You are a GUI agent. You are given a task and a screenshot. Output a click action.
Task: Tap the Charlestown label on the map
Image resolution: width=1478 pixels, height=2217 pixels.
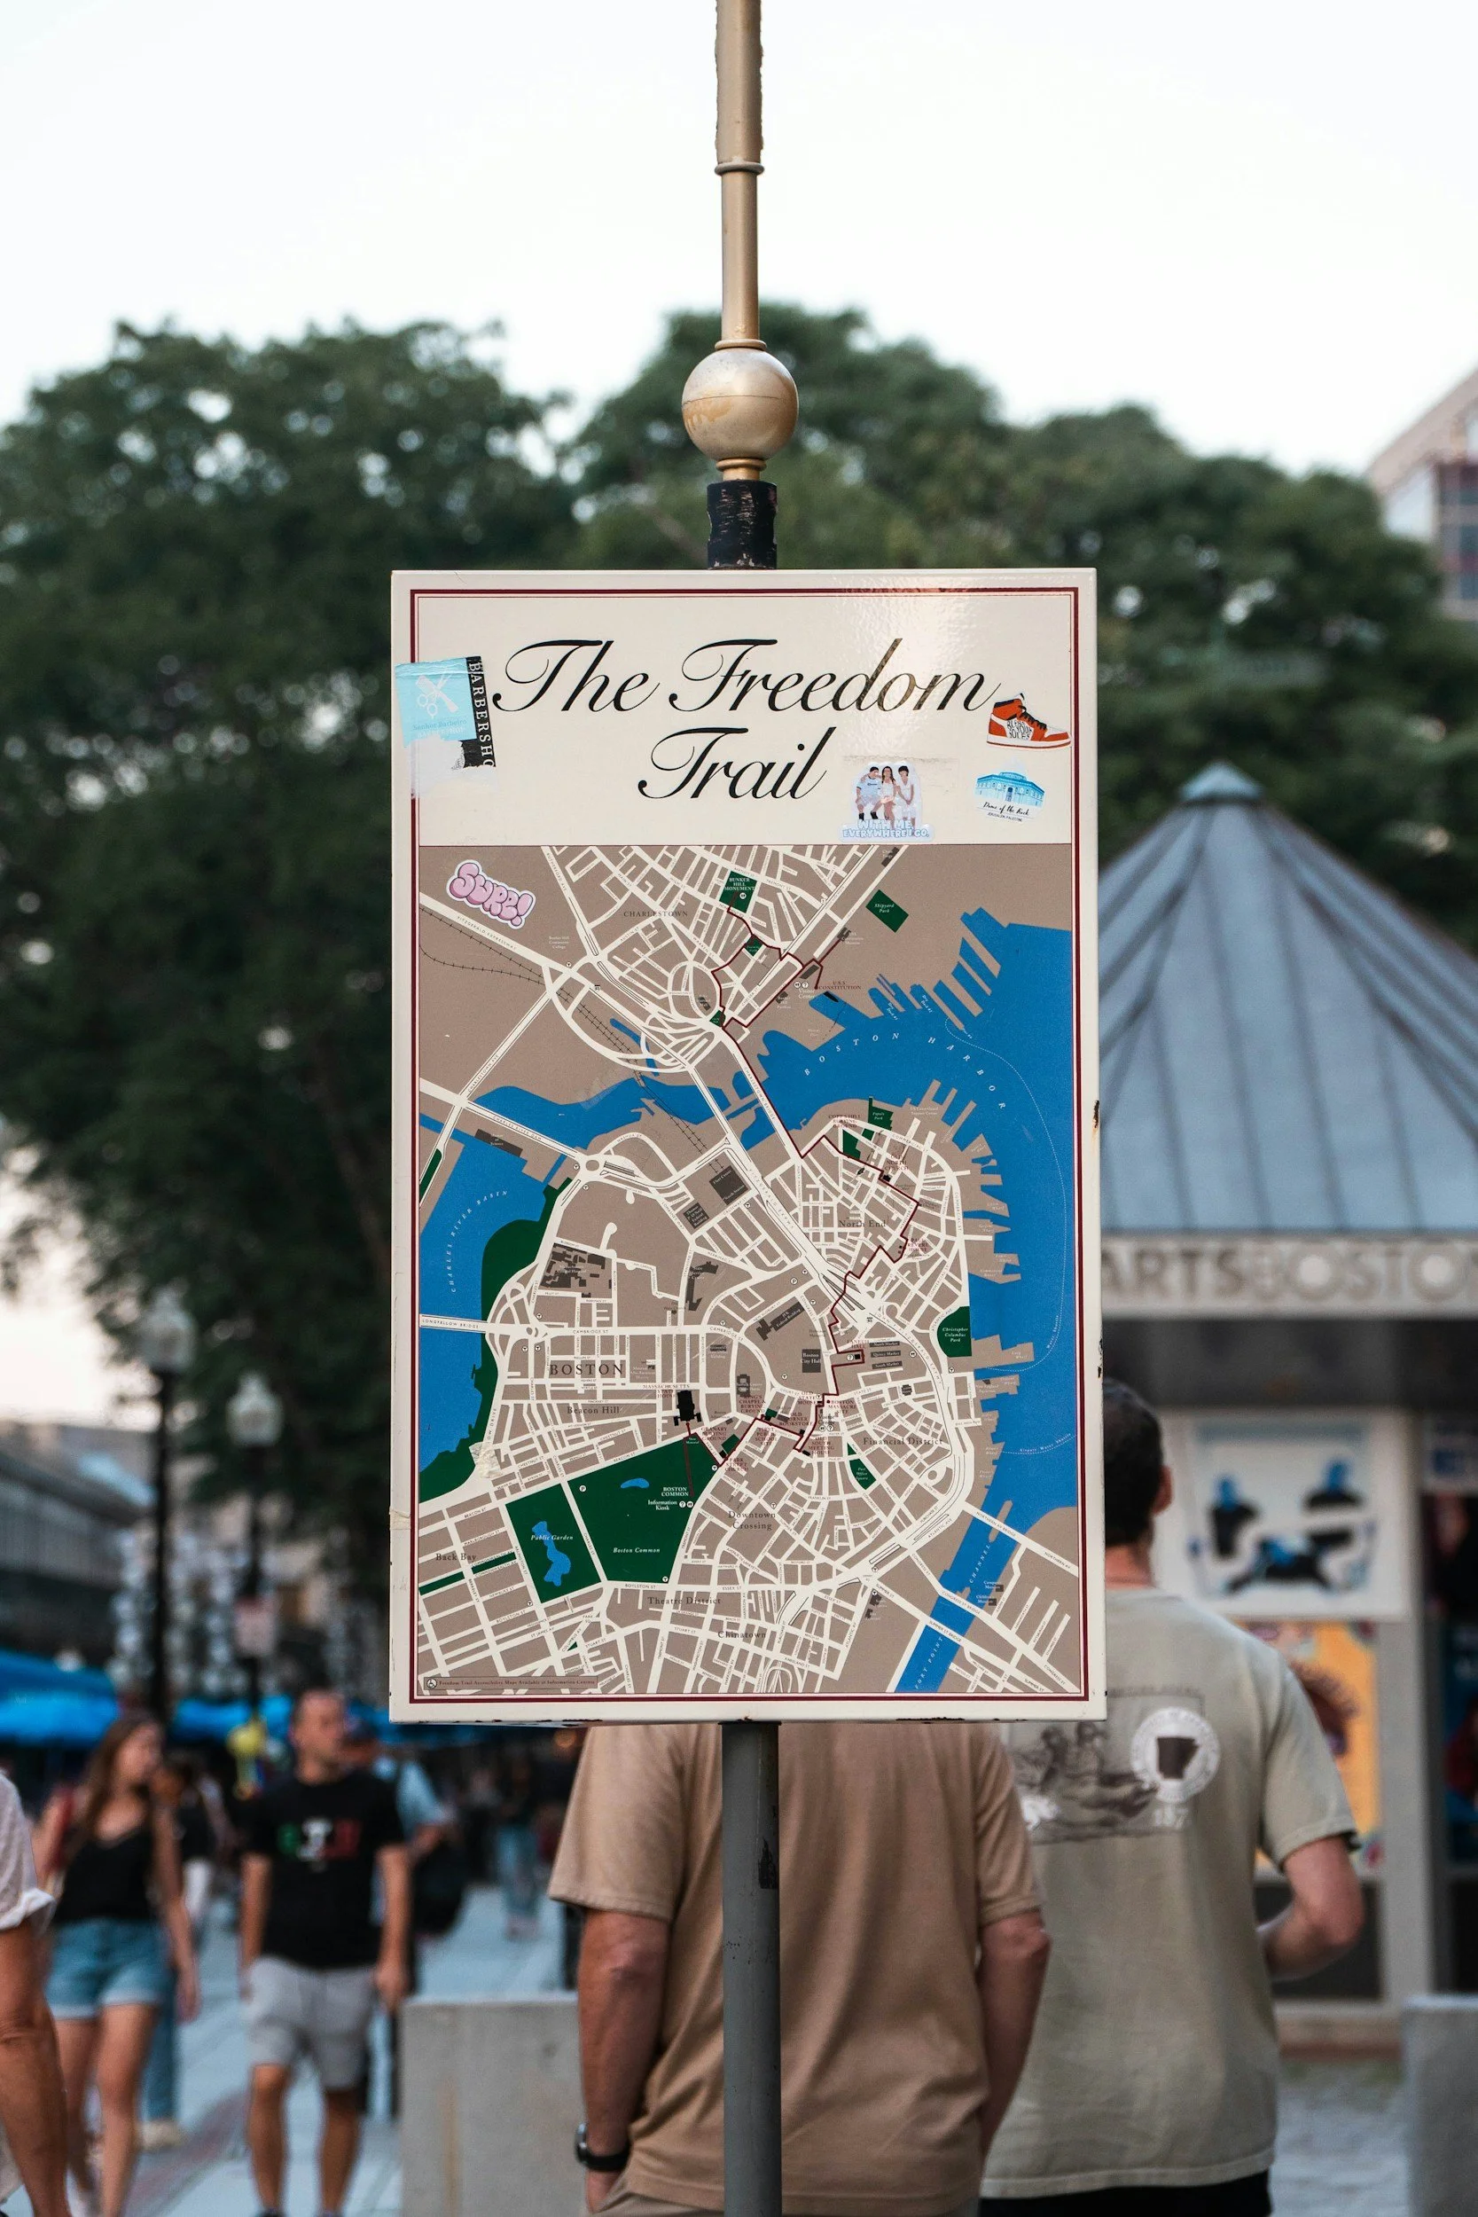[x=654, y=913]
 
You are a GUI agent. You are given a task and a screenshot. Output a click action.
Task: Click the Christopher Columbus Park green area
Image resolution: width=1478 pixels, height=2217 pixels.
[x=957, y=1330]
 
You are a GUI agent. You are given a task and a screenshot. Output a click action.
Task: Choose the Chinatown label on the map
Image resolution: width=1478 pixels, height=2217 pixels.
[x=742, y=1633]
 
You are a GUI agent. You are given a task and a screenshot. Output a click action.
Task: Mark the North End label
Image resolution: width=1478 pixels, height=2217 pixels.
[x=863, y=1224]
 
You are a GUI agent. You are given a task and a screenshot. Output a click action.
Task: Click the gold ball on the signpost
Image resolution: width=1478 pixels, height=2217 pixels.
[x=739, y=401]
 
